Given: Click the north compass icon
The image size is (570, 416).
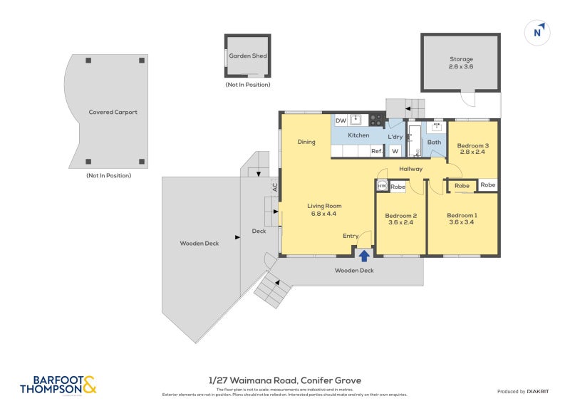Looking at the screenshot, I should pyautogui.click(x=538, y=31).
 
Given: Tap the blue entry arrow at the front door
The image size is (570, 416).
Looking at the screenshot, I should pyautogui.click(x=364, y=254).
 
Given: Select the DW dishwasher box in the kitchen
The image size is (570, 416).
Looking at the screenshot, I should pyautogui.click(x=341, y=121).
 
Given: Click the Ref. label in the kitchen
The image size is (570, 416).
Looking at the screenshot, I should pyautogui.click(x=375, y=150).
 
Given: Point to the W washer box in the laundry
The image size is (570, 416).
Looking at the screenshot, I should pyautogui.click(x=395, y=150).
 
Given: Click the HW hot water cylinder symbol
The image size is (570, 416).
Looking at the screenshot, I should pyautogui.click(x=382, y=186).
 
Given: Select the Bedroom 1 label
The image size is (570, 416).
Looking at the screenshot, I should pyautogui.click(x=462, y=215).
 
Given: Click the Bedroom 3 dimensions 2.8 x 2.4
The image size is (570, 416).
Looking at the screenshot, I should pyautogui.click(x=472, y=152).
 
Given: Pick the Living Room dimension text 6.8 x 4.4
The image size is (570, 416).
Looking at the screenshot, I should pyautogui.click(x=323, y=213).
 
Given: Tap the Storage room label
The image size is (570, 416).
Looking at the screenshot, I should pyautogui.click(x=461, y=59).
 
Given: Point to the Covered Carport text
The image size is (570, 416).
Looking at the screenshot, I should pyautogui.click(x=113, y=112).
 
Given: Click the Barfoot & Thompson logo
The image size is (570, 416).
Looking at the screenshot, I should pyautogui.click(x=58, y=385).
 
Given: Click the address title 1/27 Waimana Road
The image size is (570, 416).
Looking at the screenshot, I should pyautogui.click(x=285, y=380).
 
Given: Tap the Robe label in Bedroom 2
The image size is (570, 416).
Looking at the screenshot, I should pyautogui.click(x=398, y=187).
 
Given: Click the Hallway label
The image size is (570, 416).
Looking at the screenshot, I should pyautogui.click(x=411, y=169).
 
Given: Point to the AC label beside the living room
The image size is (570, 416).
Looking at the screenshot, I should pyautogui.click(x=274, y=187).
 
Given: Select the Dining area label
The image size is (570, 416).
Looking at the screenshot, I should pyautogui.click(x=306, y=142).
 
